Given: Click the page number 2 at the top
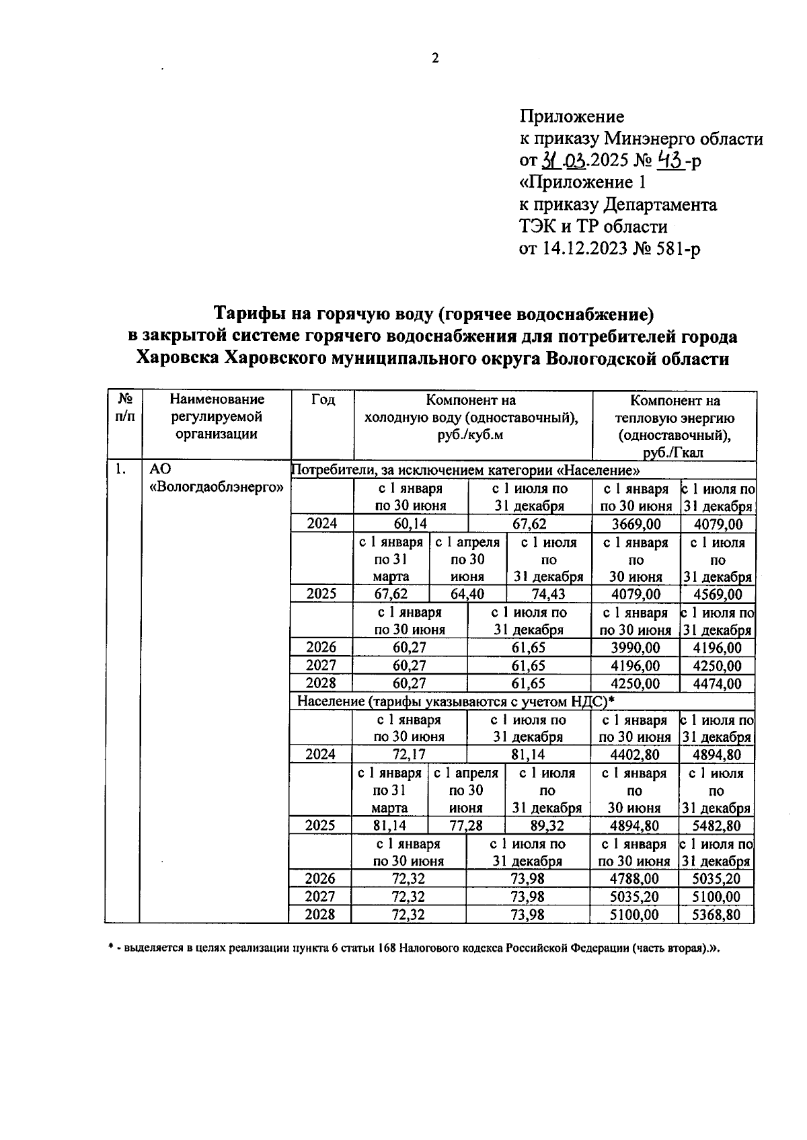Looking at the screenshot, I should point(434,59).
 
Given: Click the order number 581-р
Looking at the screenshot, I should point(678,249).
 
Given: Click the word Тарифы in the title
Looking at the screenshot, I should point(247,314).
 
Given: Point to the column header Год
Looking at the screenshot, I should point(323,400).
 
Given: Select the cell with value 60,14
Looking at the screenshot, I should point(410,524).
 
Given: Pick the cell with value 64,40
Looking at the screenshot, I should point(467,594).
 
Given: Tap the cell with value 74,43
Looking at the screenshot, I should point(548,594).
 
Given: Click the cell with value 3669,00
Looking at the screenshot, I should point(636,524).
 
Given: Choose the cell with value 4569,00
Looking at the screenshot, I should point(718,594).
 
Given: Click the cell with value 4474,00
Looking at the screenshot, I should point(718,683).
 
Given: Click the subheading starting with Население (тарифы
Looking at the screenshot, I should point(457,701).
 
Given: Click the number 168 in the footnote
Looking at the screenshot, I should point(386,948).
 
